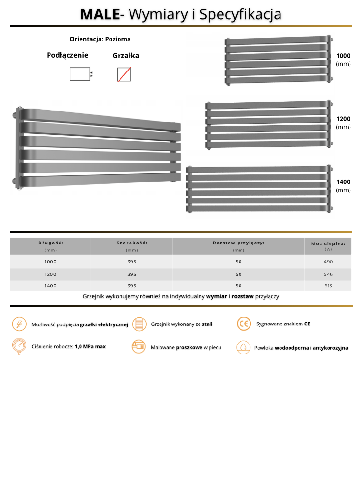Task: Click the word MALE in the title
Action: [x=100, y=14]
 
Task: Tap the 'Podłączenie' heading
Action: [x=67, y=55]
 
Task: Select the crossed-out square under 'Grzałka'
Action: [x=124, y=75]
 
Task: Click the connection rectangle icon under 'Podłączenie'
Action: [x=80, y=74]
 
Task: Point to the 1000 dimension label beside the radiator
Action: [x=343, y=56]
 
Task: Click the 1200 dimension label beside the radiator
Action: [x=343, y=119]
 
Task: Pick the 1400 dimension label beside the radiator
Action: [x=343, y=182]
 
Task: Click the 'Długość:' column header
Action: [x=50, y=243]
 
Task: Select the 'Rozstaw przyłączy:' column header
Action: [x=239, y=243]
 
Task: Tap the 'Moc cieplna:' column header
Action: [x=328, y=243]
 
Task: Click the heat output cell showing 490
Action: [x=328, y=262]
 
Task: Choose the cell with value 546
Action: [x=328, y=274]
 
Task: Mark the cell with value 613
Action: [x=328, y=286]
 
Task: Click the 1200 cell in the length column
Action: [x=50, y=274]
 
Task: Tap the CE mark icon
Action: [x=244, y=324]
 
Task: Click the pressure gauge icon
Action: [x=19, y=346]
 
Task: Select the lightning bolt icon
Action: [x=19, y=324]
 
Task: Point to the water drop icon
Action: [x=243, y=347]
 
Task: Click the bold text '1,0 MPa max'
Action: [x=90, y=346]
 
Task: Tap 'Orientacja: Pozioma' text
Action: [x=100, y=39]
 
